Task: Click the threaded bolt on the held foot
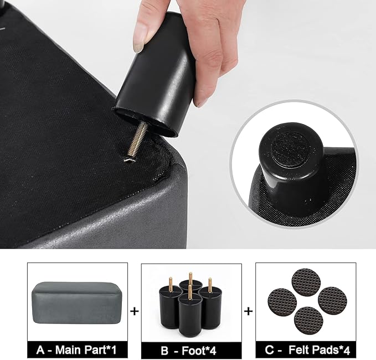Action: (135, 141)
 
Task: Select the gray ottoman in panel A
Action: (76, 302)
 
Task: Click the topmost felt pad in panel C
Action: (306, 282)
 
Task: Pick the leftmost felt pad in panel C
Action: (282, 303)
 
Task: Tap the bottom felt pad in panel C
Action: (308, 321)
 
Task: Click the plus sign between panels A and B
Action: (135, 311)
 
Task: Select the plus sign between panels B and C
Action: (249, 311)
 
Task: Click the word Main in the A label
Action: (68, 350)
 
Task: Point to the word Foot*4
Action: (199, 351)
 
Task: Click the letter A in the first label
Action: (40, 350)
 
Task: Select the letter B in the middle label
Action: (164, 351)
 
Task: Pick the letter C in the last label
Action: (270, 350)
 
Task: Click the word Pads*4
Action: (332, 350)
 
